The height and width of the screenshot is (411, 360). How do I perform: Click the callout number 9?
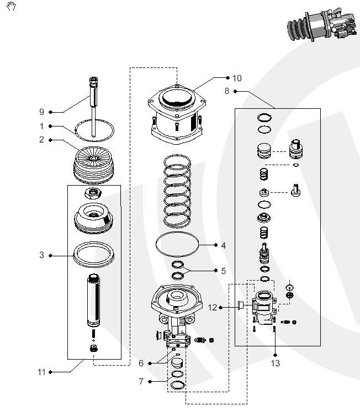(41, 112)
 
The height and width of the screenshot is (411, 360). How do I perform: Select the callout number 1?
(41, 126)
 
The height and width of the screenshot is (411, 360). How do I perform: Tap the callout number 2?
(41, 140)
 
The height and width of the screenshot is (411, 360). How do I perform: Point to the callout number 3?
(41, 255)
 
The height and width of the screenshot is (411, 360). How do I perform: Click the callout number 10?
(237, 78)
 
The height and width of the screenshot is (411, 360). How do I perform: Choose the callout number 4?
(223, 245)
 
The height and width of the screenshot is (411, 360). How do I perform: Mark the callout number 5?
(223, 271)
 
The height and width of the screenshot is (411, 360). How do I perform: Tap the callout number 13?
(275, 363)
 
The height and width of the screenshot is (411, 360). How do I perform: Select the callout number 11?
(41, 372)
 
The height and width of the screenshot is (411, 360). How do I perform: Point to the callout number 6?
(141, 363)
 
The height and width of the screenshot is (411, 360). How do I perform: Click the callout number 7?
(141, 381)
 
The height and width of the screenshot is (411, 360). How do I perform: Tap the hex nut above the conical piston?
(92, 193)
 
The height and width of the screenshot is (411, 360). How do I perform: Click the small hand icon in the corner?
(11, 7)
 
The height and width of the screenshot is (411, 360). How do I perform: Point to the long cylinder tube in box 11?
(93, 301)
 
